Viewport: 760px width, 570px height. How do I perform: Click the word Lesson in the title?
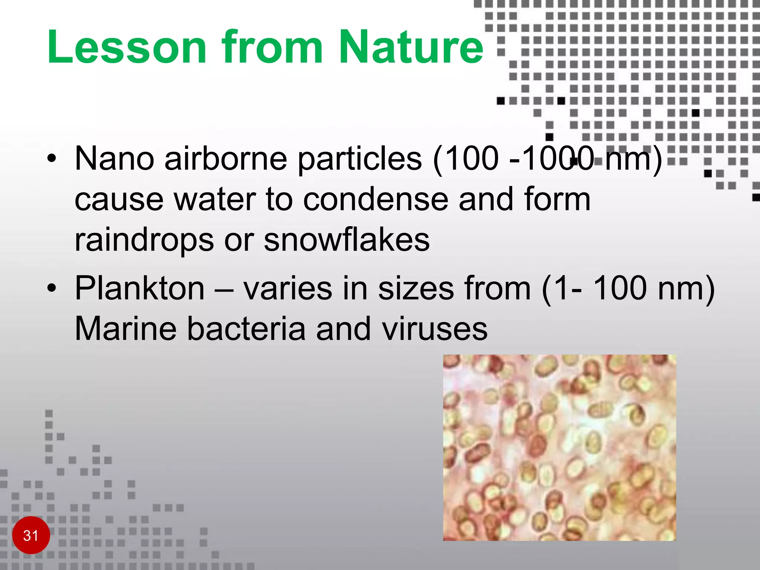point(127,47)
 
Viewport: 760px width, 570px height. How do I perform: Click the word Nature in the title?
point(411,47)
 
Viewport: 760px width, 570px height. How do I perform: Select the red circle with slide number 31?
point(31,535)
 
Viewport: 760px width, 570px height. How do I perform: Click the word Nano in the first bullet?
point(114,159)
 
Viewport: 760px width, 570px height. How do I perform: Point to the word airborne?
point(226,159)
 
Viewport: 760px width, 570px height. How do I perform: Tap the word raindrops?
point(144,240)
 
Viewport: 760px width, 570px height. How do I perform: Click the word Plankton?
point(140,288)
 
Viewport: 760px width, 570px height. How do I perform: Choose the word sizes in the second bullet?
point(416,288)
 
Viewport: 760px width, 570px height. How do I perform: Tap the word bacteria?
point(246,328)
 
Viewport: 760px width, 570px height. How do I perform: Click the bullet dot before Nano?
point(52,160)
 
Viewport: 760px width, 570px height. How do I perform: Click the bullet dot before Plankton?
point(52,288)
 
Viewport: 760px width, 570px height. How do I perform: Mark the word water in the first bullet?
point(215,199)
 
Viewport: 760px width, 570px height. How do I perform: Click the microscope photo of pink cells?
point(559,447)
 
